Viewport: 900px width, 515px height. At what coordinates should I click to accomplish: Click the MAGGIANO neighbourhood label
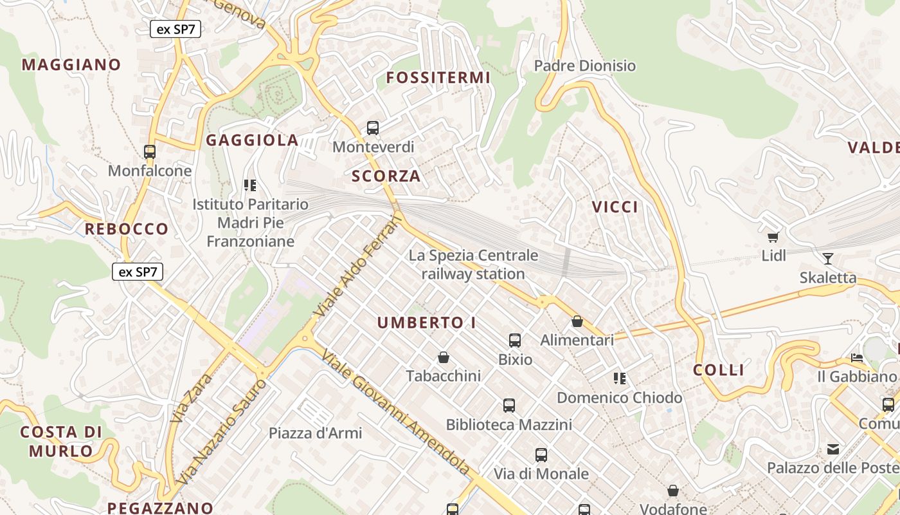pos(71,64)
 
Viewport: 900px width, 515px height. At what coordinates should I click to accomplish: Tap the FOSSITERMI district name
pos(438,78)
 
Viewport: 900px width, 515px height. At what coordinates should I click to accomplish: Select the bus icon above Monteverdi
pos(373,127)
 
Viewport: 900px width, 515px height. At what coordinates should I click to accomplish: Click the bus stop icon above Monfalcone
pos(150,152)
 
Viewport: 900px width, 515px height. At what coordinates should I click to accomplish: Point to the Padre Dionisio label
pos(584,66)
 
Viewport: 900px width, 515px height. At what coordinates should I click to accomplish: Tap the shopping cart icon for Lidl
pos(773,237)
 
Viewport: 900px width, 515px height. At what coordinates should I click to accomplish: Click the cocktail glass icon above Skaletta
pos(828,259)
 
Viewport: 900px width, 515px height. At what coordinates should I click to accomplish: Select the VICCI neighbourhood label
pos(615,207)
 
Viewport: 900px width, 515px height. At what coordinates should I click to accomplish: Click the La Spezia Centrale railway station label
pos(473,265)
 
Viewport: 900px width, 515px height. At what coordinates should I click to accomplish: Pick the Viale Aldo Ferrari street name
pos(358,266)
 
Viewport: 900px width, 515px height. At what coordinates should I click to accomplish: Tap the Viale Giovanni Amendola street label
pos(395,412)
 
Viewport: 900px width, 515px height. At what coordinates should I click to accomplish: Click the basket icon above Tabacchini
pos(443,357)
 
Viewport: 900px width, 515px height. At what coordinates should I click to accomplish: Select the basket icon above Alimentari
pos(577,321)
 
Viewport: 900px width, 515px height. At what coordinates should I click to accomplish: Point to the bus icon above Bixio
pos(515,341)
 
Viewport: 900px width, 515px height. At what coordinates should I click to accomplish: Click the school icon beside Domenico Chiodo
pos(620,379)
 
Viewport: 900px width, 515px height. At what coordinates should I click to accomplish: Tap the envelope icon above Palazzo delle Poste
pos(833,449)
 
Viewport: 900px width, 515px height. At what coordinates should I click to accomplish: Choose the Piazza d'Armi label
pos(315,433)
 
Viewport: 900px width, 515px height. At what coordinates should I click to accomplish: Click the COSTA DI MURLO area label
pos(61,441)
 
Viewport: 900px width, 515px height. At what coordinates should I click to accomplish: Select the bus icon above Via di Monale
pos(541,455)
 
